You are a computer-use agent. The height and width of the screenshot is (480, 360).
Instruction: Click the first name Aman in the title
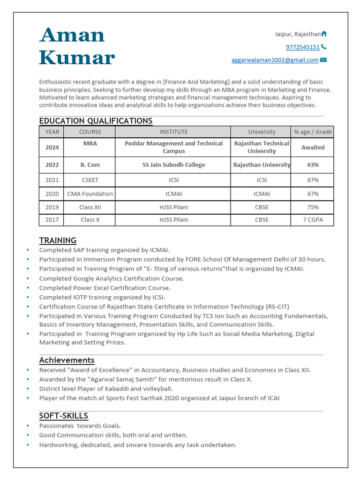(x=72, y=35)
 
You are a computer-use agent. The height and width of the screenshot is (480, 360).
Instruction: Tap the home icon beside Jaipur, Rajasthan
(x=324, y=34)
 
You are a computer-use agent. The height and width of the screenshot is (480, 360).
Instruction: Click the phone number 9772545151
(x=302, y=47)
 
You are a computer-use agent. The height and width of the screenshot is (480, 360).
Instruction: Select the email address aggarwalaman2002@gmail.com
(x=275, y=60)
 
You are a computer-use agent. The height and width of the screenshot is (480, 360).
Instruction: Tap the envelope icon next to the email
(x=323, y=60)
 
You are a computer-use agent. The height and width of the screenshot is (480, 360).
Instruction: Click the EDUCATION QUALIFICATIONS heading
(x=96, y=121)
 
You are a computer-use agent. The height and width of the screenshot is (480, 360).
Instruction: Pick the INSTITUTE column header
(x=173, y=132)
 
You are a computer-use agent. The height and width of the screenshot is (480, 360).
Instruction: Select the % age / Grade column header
(x=313, y=132)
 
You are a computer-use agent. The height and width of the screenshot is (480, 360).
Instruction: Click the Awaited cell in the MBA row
(x=313, y=147)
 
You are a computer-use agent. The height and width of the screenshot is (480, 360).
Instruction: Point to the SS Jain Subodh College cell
(x=173, y=165)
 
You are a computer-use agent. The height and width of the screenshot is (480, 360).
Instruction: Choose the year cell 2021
(x=52, y=180)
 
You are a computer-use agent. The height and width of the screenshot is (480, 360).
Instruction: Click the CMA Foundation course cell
(x=90, y=194)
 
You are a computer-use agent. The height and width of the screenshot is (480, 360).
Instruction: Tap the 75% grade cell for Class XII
(x=313, y=207)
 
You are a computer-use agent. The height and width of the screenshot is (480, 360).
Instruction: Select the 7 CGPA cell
(x=313, y=220)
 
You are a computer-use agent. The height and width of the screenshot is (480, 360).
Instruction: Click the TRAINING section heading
(x=58, y=240)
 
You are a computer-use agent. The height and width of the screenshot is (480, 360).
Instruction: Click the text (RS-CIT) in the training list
(x=277, y=307)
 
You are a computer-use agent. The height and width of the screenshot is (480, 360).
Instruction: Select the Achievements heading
(x=67, y=360)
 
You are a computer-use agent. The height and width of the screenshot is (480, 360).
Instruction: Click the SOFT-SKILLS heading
(x=63, y=416)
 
